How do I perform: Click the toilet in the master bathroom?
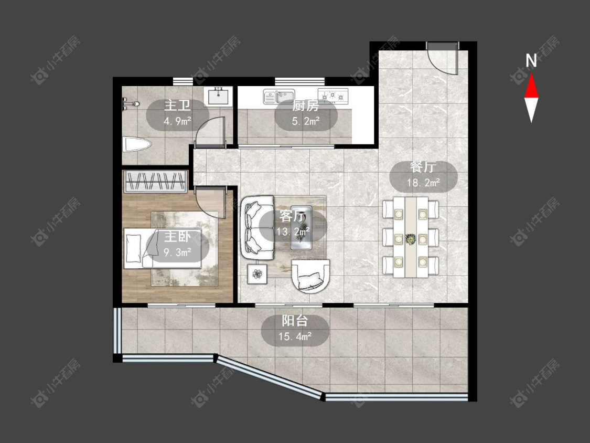pos(137,145)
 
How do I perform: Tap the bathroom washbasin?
pos(218,96)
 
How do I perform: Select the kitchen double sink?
pos(279,96)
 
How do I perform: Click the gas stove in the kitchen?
pos(333,96)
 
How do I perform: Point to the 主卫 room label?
pos(177,106)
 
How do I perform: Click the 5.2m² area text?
pos(306,121)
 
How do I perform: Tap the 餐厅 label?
pos(423,167)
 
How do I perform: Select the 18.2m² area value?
pos(423,183)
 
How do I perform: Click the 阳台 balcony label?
pos(295,321)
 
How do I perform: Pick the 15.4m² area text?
pos(295,336)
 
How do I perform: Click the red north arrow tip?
pos(531,74)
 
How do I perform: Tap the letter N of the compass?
pos(531,61)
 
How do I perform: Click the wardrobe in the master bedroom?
pos(155,182)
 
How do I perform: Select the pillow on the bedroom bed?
pos(133,248)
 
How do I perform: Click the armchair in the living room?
pos(311,276)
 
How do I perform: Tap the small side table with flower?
pos(258,274)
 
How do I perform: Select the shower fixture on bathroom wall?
pos(130,103)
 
